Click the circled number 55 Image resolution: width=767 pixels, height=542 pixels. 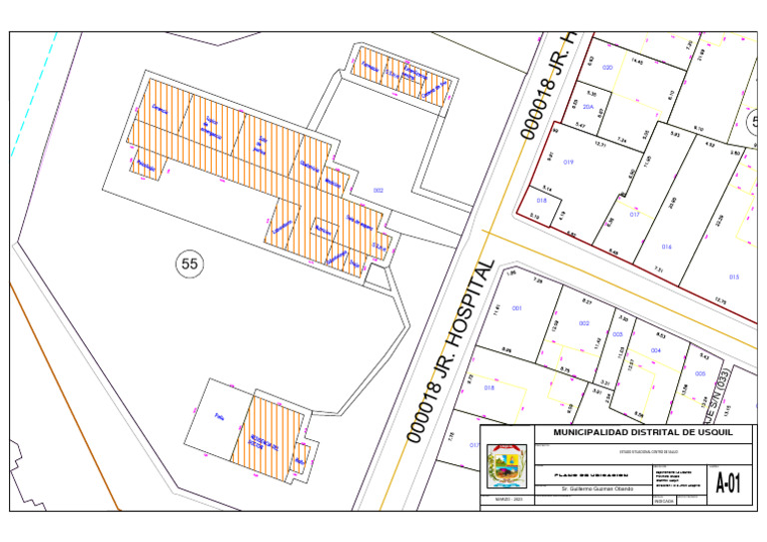coord(189,264)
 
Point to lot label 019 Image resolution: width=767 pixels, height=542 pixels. coord(568,162)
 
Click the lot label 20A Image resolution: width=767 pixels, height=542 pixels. coord(589,107)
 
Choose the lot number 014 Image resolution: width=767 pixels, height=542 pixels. coord(666,247)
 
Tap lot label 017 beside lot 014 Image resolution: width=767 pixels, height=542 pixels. coord(634,215)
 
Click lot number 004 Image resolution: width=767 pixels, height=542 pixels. coord(656,350)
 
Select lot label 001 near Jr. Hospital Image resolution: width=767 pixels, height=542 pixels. coord(517,308)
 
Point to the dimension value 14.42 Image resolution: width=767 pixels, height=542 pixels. coord(636,61)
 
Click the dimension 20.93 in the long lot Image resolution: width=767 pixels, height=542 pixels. coord(672,204)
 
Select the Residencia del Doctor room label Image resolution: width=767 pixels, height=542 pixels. coord(263,441)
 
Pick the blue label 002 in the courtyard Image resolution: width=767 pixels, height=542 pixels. coord(379,190)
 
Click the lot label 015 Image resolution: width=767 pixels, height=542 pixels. coord(734,276)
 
